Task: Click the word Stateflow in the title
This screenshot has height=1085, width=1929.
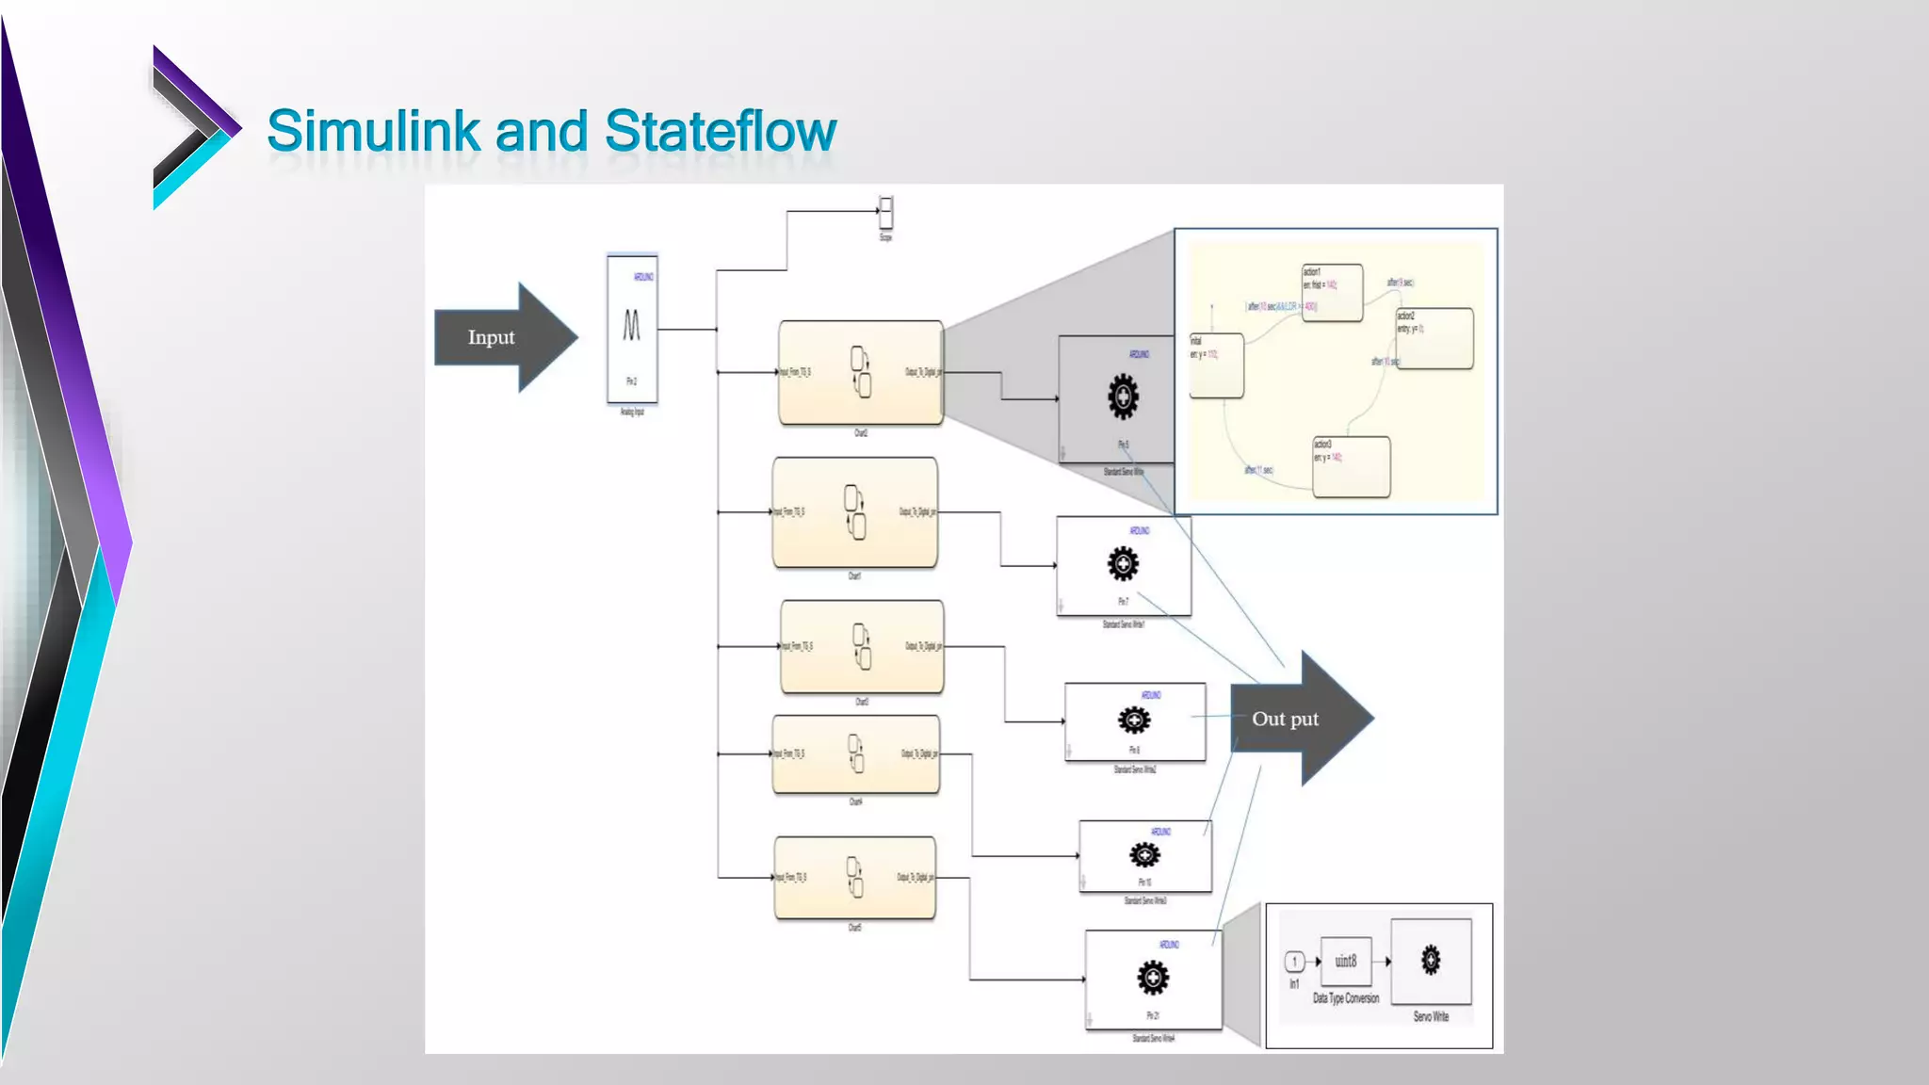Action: tap(720, 131)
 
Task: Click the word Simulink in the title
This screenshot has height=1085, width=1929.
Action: tap(374, 131)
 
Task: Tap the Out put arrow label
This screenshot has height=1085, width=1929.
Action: tap(1286, 719)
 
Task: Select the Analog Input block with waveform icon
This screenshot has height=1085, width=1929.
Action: tap(632, 329)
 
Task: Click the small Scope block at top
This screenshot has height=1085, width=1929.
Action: tap(885, 212)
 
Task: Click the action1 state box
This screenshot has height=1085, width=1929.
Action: tap(1332, 293)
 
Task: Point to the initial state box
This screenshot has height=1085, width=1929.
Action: tap(1216, 366)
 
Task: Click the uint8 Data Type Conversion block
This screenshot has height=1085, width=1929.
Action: tap(1346, 962)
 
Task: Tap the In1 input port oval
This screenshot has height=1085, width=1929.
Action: tap(1295, 962)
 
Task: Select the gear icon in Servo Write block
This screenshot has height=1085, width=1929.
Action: tap(1431, 961)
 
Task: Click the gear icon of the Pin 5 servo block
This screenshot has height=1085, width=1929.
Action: tap(1123, 397)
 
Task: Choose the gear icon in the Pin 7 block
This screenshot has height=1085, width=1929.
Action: tap(1123, 564)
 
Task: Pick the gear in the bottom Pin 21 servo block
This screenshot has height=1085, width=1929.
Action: tap(1153, 978)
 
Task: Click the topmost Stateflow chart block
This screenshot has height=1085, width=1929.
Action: tap(860, 373)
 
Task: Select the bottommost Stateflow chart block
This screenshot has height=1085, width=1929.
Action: tap(854, 878)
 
